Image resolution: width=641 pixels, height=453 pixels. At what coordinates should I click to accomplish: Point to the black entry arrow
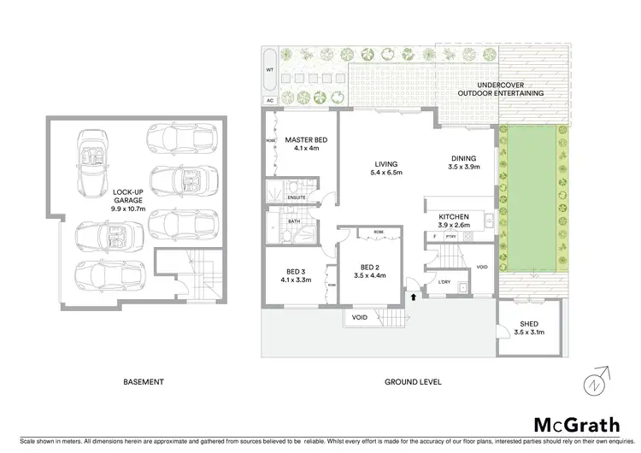[414, 297]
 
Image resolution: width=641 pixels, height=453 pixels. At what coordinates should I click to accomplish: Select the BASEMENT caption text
[143, 383]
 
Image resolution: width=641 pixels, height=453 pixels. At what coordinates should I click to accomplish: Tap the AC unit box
[269, 100]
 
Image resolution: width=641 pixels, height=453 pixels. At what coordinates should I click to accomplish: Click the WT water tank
[270, 72]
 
